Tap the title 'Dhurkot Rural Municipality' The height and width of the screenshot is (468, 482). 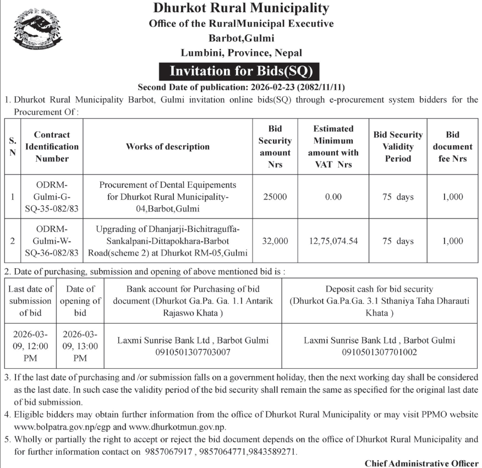(241, 8)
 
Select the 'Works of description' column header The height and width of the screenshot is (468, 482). (168, 146)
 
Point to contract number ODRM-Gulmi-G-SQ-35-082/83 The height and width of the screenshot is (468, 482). (52, 197)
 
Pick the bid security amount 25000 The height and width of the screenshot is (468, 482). (275, 197)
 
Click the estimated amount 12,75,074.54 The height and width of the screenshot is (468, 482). (333, 241)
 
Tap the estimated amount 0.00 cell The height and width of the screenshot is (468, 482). (333, 197)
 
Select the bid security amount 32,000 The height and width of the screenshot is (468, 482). (275, 241)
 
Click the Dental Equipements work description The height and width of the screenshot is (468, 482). (168, 197)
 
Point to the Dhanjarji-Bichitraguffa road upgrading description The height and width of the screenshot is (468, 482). (168, 241)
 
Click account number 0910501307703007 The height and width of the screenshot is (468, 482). (193, 351)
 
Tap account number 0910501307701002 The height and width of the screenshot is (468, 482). (379, 351)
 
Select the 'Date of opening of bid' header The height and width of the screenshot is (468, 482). (80, 301)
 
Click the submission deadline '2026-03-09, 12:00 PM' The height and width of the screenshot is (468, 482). (31, 346)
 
